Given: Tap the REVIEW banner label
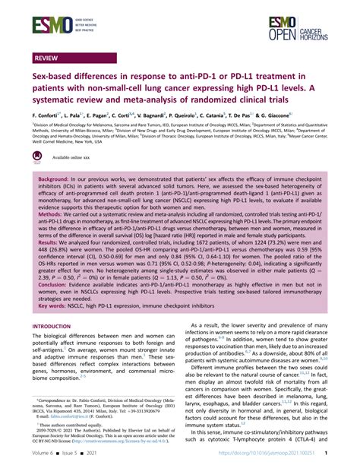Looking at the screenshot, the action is pos(48,58).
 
